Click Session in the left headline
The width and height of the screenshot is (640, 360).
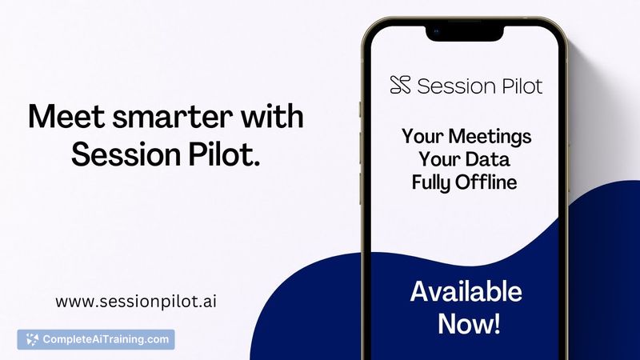[127, 153]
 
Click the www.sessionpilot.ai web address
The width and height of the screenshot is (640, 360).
[137, 302]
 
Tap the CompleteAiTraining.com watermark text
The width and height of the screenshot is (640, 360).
[106, 339]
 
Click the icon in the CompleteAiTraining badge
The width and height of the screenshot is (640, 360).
[32, 339]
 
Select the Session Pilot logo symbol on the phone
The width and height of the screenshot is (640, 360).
[400, 84]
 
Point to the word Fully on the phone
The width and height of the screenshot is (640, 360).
[433, 182]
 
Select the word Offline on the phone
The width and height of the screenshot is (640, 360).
[488, 182]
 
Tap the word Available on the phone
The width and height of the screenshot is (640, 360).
[466, 292]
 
